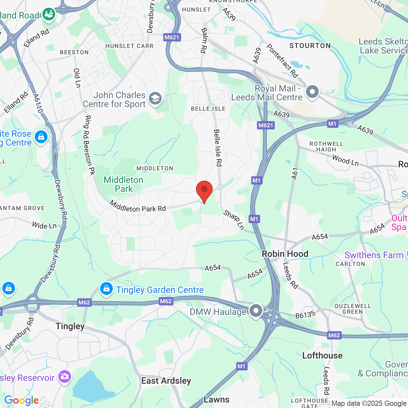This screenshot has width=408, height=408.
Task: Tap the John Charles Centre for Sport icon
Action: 155,98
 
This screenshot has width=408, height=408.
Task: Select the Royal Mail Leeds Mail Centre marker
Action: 312,92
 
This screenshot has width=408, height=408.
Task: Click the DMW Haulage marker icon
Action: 256,310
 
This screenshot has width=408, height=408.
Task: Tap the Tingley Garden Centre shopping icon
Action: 106,289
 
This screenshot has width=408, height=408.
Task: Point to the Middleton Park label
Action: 124,184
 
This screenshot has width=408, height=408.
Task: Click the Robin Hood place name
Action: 285,254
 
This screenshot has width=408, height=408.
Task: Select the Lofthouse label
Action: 322,355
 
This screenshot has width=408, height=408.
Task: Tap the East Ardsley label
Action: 166,381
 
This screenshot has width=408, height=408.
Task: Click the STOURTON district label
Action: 310,46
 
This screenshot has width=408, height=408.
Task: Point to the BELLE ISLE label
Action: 208,109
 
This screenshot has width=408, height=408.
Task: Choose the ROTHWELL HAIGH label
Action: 326,147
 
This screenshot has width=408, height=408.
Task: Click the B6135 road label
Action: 305,315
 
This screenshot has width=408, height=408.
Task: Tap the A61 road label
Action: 295,174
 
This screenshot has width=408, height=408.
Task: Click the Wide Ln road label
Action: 44,225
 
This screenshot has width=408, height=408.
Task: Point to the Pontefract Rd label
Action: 282,61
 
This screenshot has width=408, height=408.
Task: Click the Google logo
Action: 22,400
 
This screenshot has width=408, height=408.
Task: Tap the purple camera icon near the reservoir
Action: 65,376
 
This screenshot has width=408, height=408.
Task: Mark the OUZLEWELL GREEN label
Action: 353,309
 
